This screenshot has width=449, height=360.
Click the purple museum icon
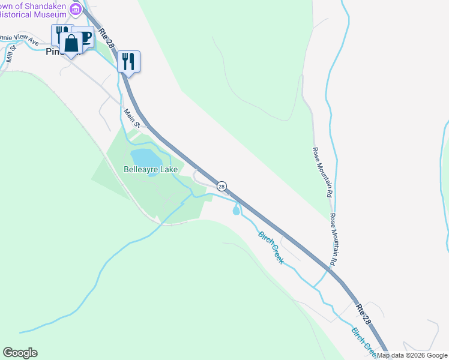pyautogui.click(x=76, y=8)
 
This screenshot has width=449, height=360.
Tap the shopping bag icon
pyautogui.click(x=71, y=44)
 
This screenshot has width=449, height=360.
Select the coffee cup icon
pyautogui.click(x=85, y=37)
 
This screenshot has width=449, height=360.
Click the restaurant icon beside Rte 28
pyautogui.click(x=128, y=61)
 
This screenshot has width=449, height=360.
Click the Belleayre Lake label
pyautogui.click(x=151, y=170)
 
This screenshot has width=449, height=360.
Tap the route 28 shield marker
pyautogui.click(x=221, y=187)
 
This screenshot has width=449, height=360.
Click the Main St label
pyautogui.click(x=131, y=118)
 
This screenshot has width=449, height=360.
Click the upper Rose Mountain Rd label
pyautogui.click(x=322, y=173)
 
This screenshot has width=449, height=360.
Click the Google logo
pyautogui.click(x=20, y=353)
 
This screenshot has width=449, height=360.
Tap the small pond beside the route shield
pyautogui.click(x=236, y=210)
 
